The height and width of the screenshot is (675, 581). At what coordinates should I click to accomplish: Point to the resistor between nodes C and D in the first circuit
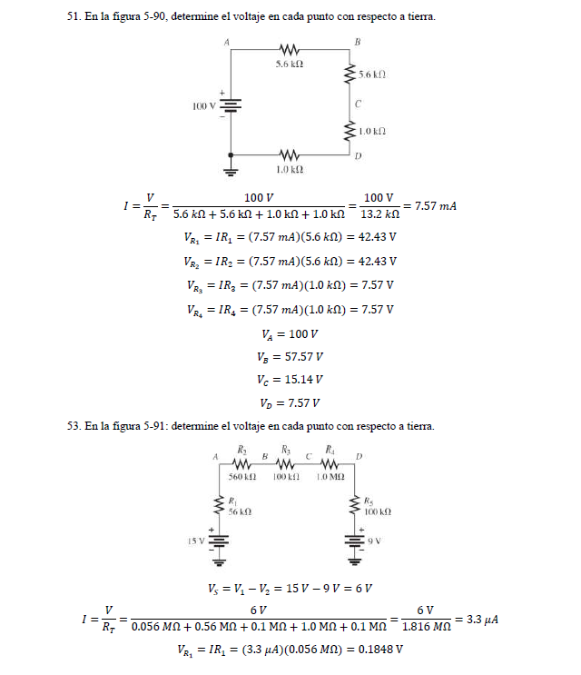click(x=349, y=132)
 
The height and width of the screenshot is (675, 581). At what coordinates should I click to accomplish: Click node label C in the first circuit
click(x=359, y=103)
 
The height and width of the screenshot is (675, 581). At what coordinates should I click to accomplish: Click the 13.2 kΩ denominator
click(x=380, y=215)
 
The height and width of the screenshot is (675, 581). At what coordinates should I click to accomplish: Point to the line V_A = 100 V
click(x=290, y=333)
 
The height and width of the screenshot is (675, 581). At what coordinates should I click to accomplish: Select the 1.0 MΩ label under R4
click(x=330, y=476)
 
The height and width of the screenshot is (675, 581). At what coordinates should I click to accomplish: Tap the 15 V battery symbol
click(x=218, y=540)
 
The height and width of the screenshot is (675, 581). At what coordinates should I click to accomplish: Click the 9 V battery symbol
click(x=355, y=540)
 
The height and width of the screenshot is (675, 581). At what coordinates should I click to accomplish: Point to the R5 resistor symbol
click(x=355, y=505)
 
